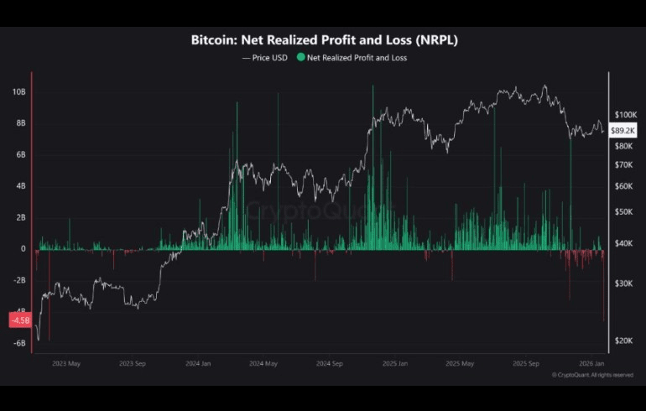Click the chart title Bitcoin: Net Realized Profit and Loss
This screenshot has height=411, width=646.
tap(324, 39)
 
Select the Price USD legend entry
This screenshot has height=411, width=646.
tap(264, 58)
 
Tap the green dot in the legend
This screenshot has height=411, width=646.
tap(301, 58)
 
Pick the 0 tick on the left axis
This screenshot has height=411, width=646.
tap(23, 249)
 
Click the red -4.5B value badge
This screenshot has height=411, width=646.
tap(19, 320)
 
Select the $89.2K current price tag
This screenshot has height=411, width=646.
tap(623, 131)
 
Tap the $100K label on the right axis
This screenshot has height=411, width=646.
tap(626, 114)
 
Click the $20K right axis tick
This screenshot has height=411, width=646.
tap(624, 341)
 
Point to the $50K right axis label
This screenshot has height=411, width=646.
tap(624, 212)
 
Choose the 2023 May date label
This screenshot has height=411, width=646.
tap(66, 364)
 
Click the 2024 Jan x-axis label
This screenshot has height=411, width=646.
tap(198, 364)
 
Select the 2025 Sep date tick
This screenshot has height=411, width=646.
tap(526, 364)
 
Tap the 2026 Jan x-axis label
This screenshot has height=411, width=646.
tap(592, 364)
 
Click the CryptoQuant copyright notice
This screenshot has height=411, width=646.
tap(593, 375)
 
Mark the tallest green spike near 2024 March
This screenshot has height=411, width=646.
tap(237, 105)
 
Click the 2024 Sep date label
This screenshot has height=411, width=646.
tap(330, 364)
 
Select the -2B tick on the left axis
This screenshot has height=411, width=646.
tap(19, 280)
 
